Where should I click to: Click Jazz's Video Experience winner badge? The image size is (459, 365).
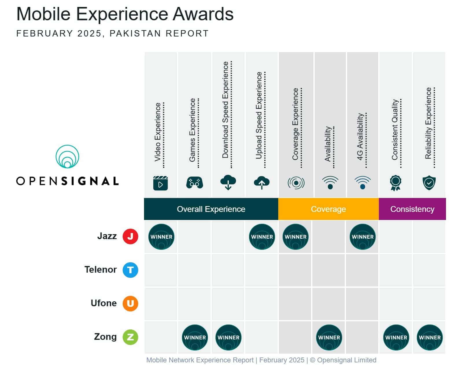tap(161, 237)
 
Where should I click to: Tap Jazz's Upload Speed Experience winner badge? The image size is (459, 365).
tap(262, 237)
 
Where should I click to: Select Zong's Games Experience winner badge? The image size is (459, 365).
tap(195, 338)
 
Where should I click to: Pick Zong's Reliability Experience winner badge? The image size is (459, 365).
tap(429, 338)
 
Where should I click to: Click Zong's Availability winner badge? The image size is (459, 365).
tap(329, 338)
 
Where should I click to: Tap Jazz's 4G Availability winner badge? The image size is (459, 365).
tap(362, 237)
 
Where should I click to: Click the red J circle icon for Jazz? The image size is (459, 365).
tap(130, 236)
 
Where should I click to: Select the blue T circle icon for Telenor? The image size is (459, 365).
tap(130, 270)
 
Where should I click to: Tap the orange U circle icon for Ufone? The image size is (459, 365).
tap(130, 304)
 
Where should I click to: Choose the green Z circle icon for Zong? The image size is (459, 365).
tap(130, 337)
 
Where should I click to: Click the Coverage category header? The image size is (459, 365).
tap(328, 209)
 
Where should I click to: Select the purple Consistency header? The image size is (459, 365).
tap(412, 209)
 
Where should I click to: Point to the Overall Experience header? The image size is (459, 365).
tap(211, 209)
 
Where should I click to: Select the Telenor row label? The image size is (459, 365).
tap(100, 270)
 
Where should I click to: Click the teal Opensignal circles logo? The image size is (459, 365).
tap(67, 157)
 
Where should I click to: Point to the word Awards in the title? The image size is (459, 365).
tap(203, 14)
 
